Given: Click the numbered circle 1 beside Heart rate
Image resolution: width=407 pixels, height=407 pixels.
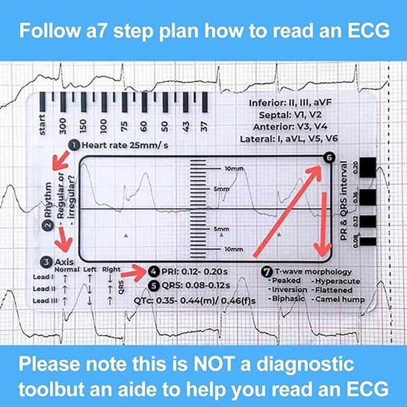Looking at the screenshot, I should (74, 146).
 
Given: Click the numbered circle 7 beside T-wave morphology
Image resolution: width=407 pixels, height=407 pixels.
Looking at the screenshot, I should (266, 272).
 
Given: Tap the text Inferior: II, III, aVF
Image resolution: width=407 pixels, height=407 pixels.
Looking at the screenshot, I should (290, 103).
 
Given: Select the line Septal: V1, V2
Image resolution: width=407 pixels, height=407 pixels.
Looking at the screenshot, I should (290, 115).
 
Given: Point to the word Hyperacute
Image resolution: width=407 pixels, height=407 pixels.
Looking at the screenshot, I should (338, 281).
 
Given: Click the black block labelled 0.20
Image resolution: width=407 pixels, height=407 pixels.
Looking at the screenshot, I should (367, 166).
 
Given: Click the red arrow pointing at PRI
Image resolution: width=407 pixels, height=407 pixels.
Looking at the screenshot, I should (134, 273).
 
